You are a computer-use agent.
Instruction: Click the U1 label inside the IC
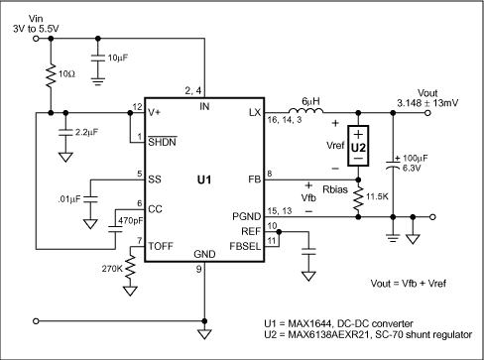tap(203, 181)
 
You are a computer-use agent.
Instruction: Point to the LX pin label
tap(253, 113)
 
